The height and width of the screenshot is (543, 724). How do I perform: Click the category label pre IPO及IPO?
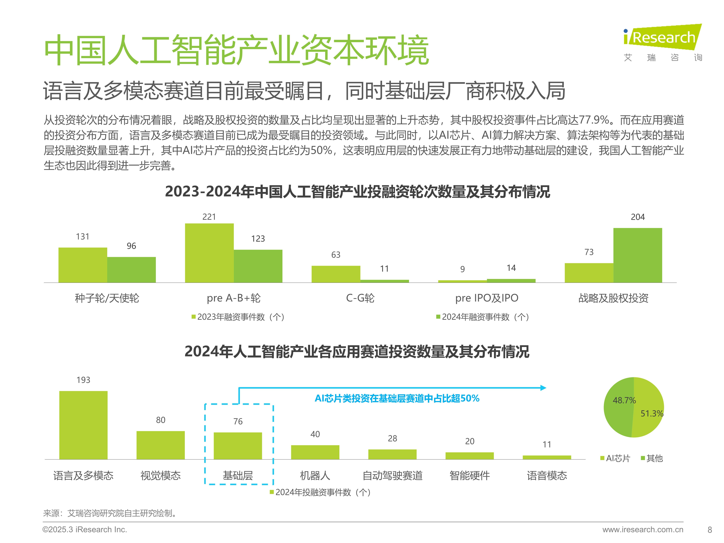point(487,298)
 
